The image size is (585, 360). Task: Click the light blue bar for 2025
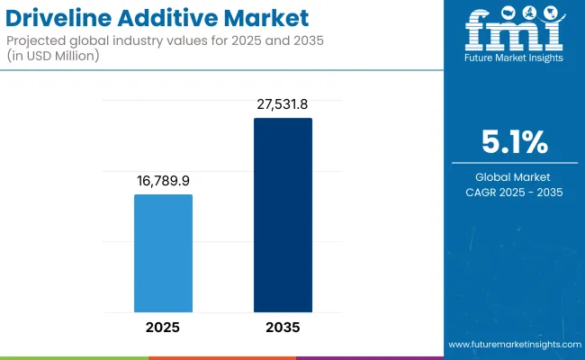(x=163, y=254)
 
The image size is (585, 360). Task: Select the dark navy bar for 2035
(x=283, y=216)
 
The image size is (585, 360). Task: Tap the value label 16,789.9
(x=163, y=182)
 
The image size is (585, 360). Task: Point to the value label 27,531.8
(x=283, y=105)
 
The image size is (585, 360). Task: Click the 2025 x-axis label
(x=163, y=328)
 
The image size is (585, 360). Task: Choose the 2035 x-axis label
(x=283, y=328)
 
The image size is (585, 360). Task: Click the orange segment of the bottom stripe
(x=221, y=357)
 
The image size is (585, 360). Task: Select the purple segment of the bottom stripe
(x=369, y=357)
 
